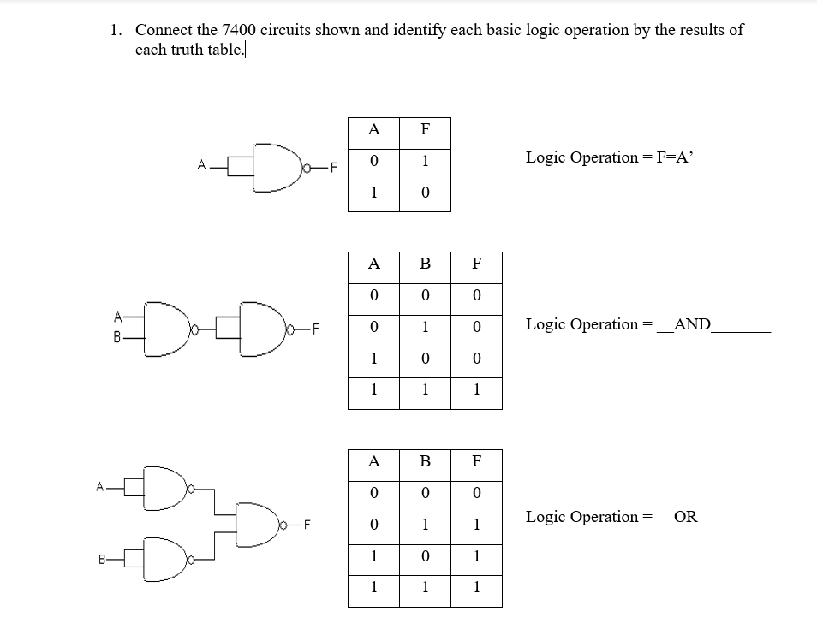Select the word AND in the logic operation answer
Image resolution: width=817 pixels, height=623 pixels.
(692, 324)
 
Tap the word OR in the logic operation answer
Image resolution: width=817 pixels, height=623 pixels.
(685, 517)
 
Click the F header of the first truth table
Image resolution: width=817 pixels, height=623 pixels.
(425, 130)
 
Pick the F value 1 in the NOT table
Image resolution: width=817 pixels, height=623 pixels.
(425, 162)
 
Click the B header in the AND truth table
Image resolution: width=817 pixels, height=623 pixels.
(425, 264)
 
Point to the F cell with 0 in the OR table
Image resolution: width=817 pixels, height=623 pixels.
(476, 493)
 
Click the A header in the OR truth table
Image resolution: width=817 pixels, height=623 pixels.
(373, 461)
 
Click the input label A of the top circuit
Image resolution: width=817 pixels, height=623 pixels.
(200, 165)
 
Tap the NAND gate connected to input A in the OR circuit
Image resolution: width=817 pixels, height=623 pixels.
(166, 489)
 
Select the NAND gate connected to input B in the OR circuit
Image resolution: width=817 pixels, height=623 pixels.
(166, 560)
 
